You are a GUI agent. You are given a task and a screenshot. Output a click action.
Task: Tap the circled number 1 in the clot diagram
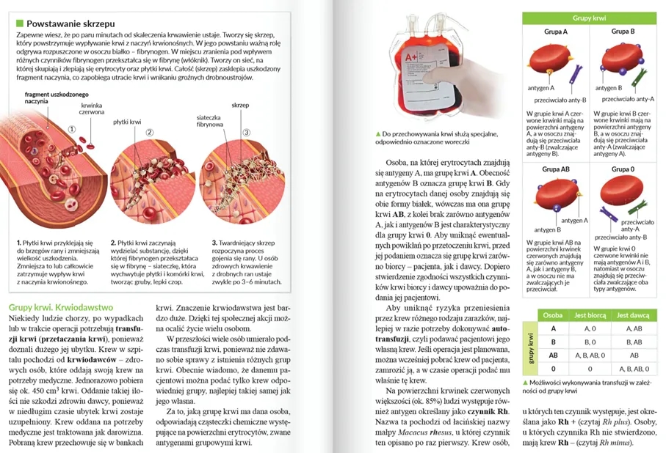(72, 128)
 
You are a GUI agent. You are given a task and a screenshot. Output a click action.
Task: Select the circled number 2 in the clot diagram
(149, 133)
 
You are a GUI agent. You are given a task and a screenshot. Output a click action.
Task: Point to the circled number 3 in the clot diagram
(247, 133)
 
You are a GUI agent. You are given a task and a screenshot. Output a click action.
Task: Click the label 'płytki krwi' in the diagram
(127, 122)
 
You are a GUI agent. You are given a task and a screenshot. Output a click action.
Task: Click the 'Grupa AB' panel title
(556, 169)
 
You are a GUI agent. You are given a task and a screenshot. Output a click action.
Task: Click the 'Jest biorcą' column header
(588, 314)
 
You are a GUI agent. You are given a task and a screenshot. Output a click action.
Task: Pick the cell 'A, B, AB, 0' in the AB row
(588, 355)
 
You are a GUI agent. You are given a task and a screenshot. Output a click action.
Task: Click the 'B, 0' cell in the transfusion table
(588, 342)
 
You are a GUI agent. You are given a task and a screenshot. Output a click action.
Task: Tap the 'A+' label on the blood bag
(410, 56)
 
